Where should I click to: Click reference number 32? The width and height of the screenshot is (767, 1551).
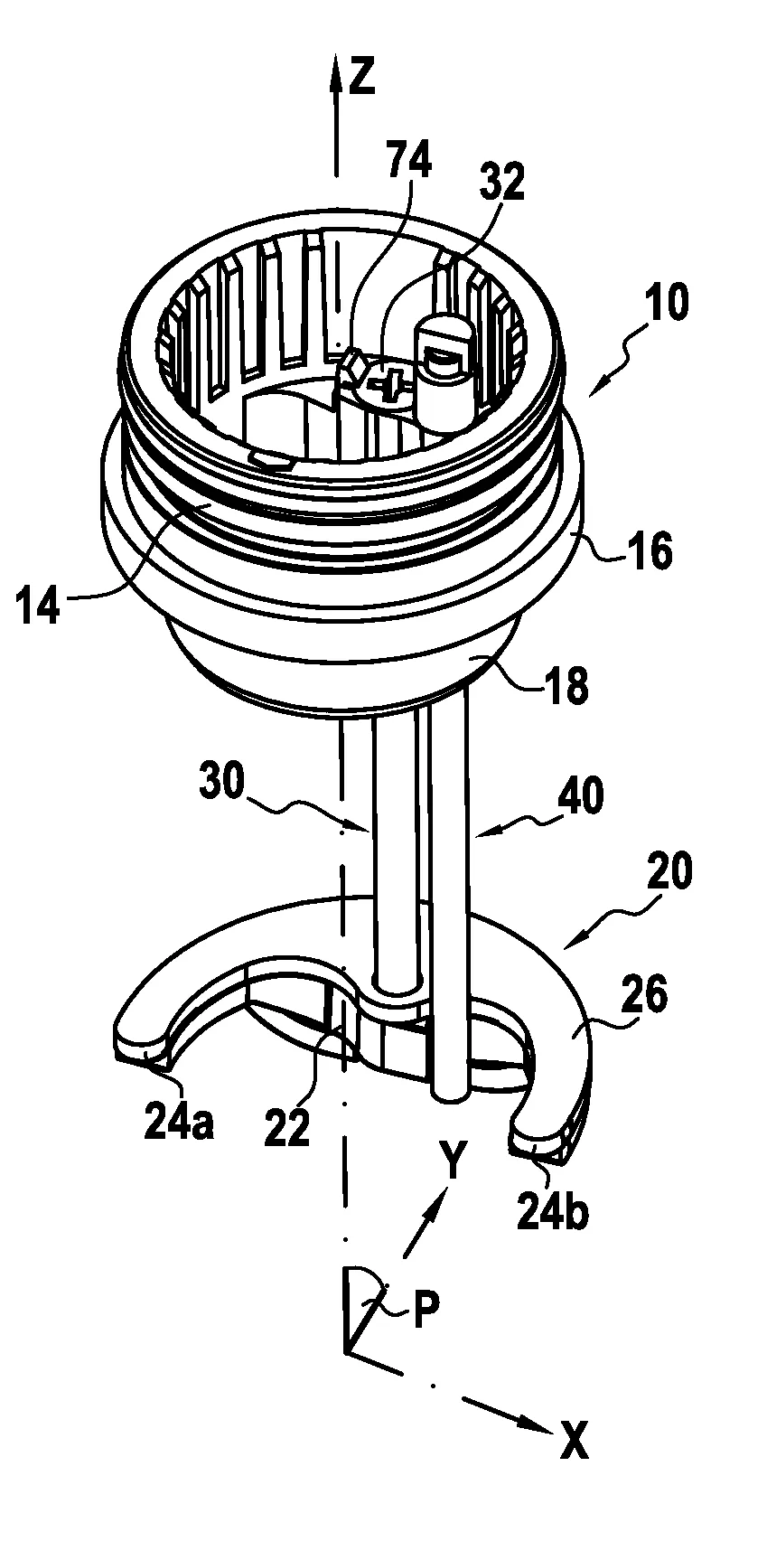[x=502, y=183]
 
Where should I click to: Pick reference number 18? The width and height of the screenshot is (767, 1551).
[x=566, y=685]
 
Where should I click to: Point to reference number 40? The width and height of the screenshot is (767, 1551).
[x=583, y=799]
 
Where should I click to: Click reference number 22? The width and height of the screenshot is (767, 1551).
[x=287, y=1129]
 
